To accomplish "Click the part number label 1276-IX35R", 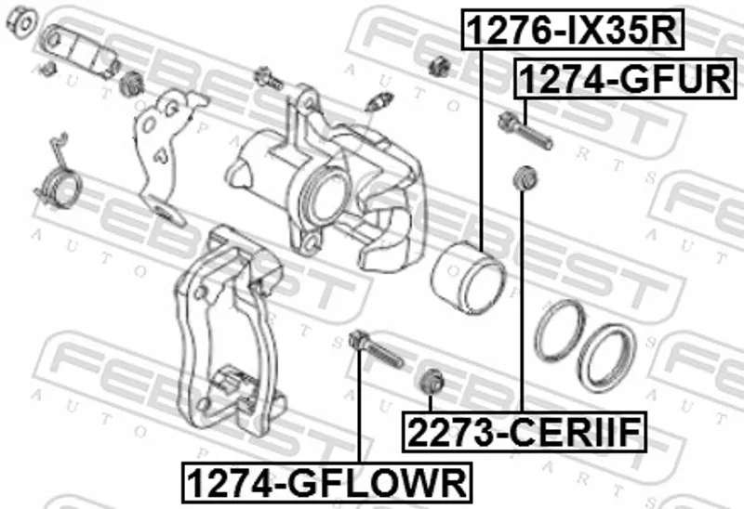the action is (573, 30).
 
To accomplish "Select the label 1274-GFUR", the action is (625, 79).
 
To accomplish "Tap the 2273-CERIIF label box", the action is (525, 432).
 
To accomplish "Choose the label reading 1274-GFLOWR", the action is (327, 482).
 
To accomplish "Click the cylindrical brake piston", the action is (468, 277).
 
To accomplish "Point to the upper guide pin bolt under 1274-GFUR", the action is (525, 130).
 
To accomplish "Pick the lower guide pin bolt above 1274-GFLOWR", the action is (376, 349).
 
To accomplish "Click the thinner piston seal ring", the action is (560, 330).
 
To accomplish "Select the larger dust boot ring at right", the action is (607, 358).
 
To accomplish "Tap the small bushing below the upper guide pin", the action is (525, 177).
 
